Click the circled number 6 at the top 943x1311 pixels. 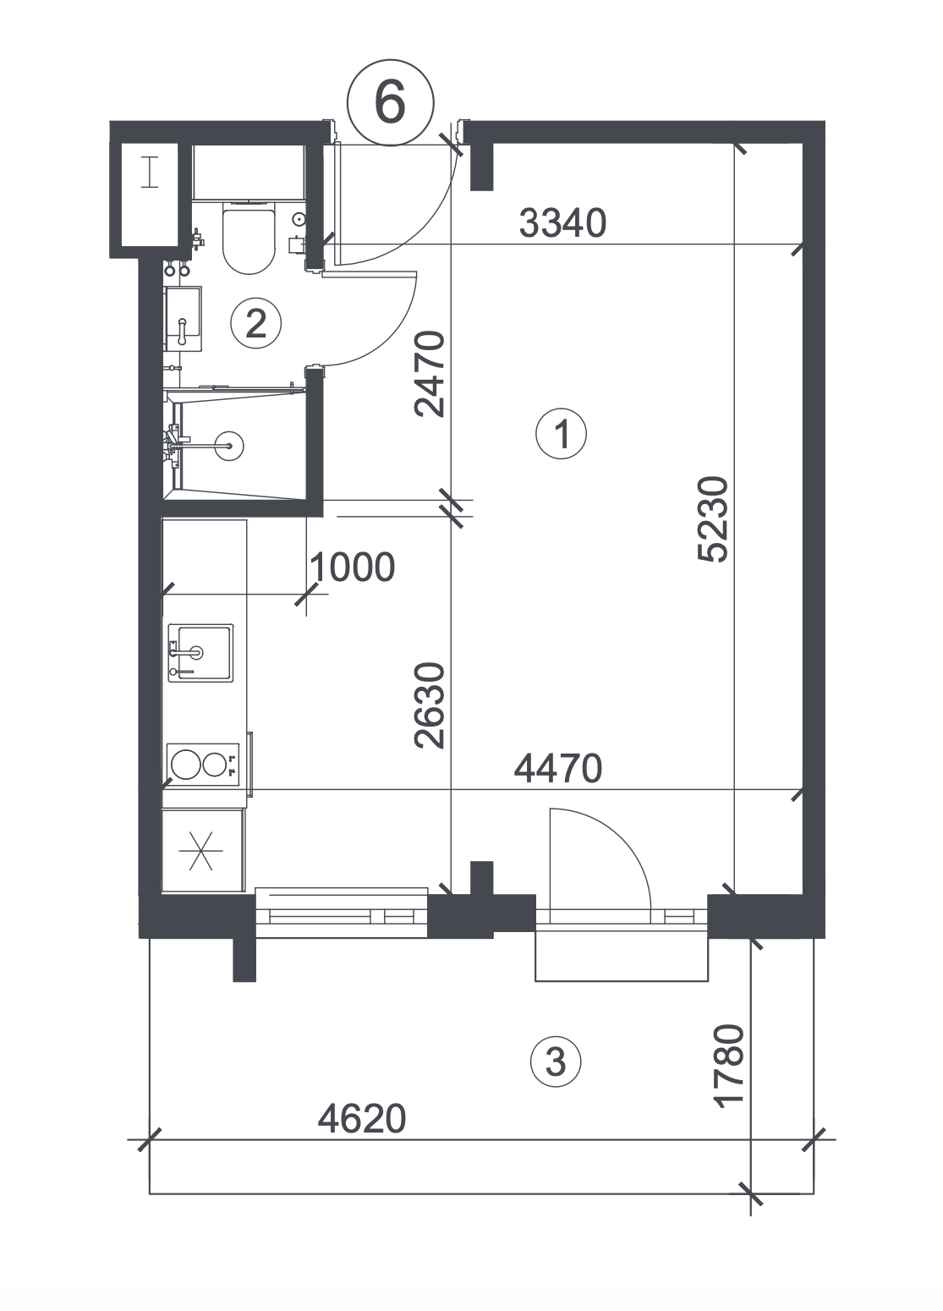(x=391, y=103)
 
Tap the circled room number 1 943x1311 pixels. (x=561, y=434)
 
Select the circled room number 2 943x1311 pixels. (x=255, y=323)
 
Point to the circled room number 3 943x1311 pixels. (x=556, y=1061)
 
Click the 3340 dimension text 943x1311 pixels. (x=562, y=223)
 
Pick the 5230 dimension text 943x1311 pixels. (x=714, y=519)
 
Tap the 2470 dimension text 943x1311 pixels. (x=430, y=374)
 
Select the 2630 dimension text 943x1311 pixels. (x=430, y=706)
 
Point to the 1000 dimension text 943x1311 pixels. (x=353, y=568)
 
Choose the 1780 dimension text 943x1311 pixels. (x=729, y=1066)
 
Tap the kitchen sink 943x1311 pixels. (x=200, y=653)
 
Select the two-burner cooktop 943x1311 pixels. (x=203, y=765)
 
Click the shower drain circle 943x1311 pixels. (x=229, y=447)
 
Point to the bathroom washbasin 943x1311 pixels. (x=184, y=319)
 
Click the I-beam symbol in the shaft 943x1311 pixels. (x=150, y=172)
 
